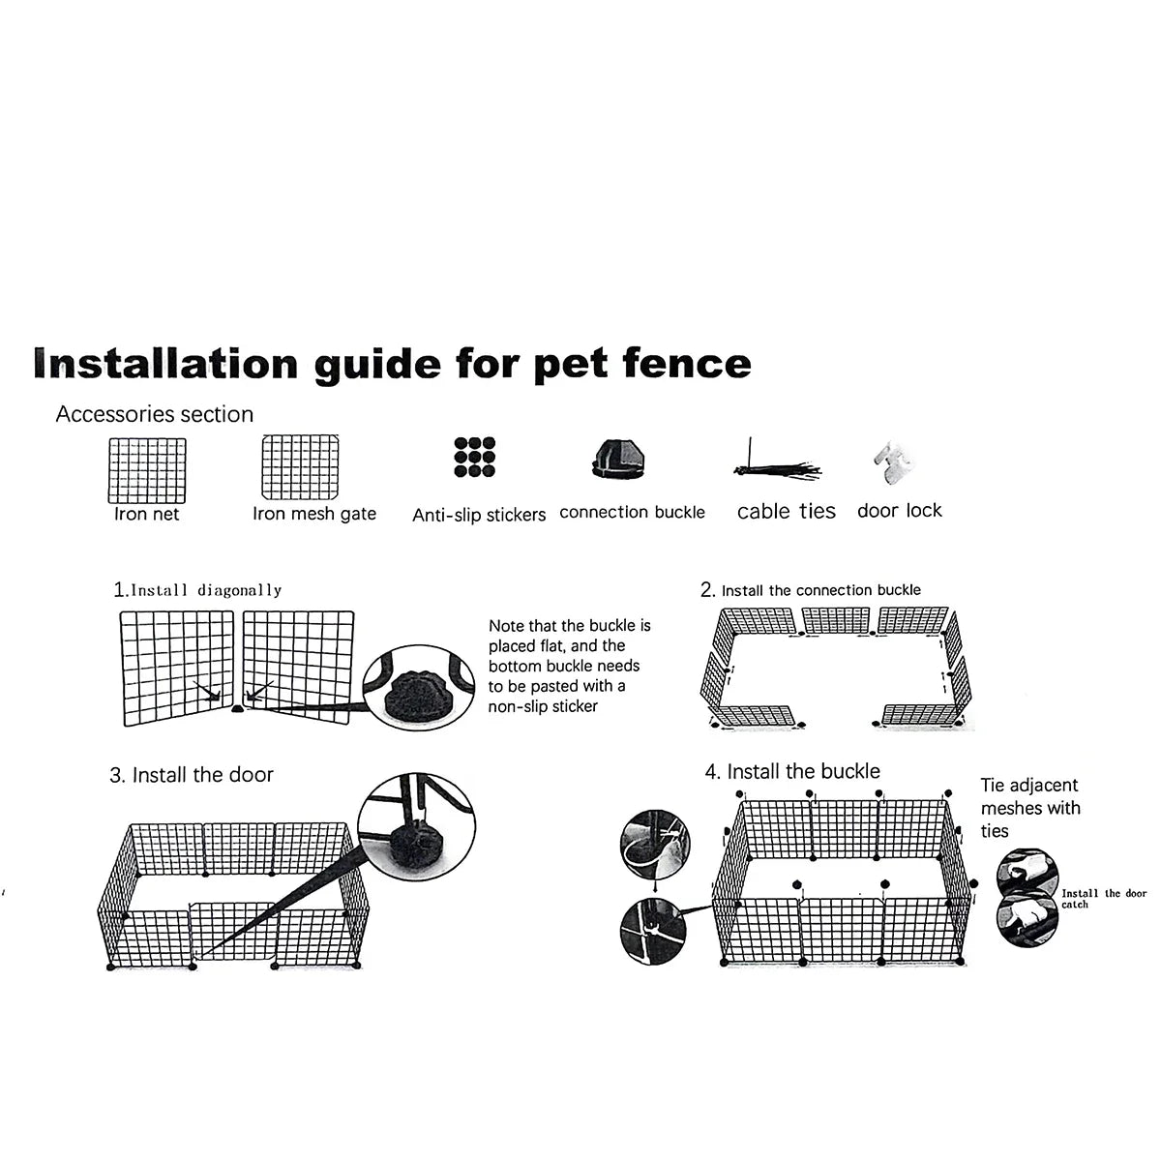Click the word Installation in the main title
pos(165,363)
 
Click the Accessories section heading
pos(155,414)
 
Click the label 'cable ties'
pos(786,512)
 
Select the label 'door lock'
pos(899,510)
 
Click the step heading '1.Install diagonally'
pos(197,589)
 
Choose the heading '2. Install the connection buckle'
pos(811,590)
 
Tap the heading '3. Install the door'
pos(192,775)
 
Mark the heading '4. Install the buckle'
pos(793,771)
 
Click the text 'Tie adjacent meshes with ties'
pos(1029,808)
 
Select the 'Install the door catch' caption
pos(1103,899)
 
